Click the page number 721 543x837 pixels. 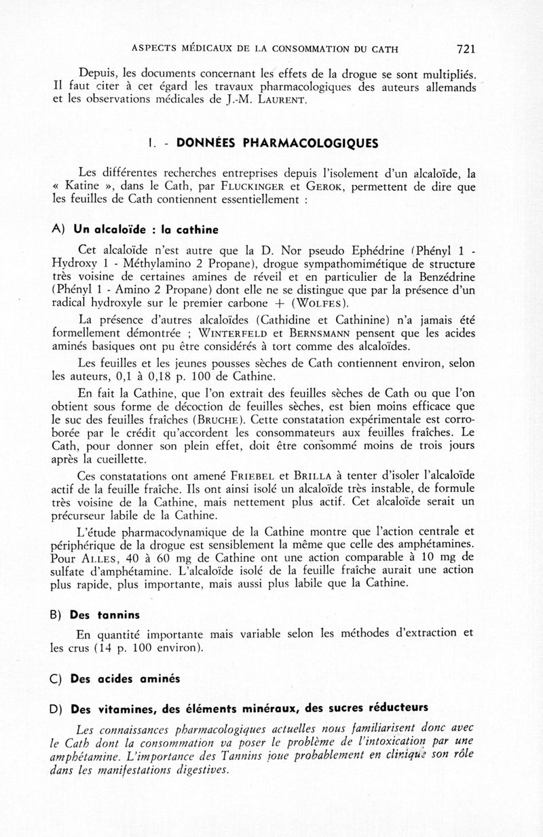[466, 49]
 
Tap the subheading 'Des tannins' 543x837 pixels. [105, 615]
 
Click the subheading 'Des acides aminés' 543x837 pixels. [125, 679]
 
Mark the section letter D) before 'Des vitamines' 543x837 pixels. [57, 709]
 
